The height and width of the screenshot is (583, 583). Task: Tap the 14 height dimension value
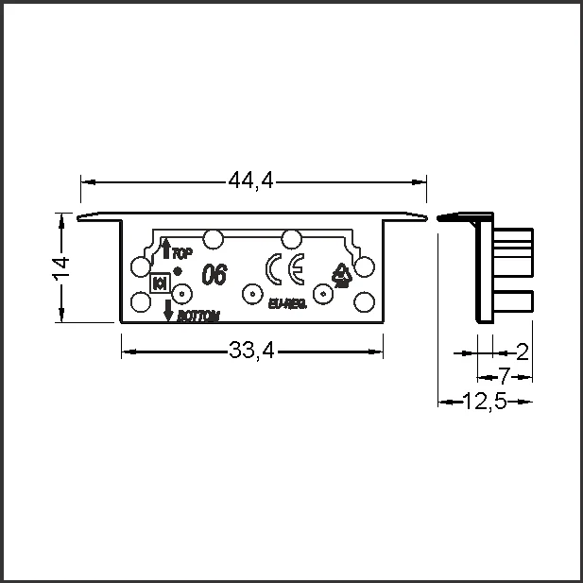(x=60, y=268)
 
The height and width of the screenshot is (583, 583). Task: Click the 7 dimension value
(x=504, y=375)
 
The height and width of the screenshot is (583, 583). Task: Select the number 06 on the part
(x=214, y=275)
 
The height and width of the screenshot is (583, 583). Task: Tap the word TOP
(x=183, y=252)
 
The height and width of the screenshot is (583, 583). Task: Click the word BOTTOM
(x=197, y=316)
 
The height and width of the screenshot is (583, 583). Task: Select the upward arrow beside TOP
(x=166, y=249)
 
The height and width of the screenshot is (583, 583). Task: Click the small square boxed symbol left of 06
(x=160, y=282)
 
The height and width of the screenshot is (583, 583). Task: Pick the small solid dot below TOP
(x=177, y=271)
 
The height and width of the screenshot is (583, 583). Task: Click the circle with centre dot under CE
(x=251, y=294)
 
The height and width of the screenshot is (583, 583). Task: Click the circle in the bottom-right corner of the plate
(x=364, y=302)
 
